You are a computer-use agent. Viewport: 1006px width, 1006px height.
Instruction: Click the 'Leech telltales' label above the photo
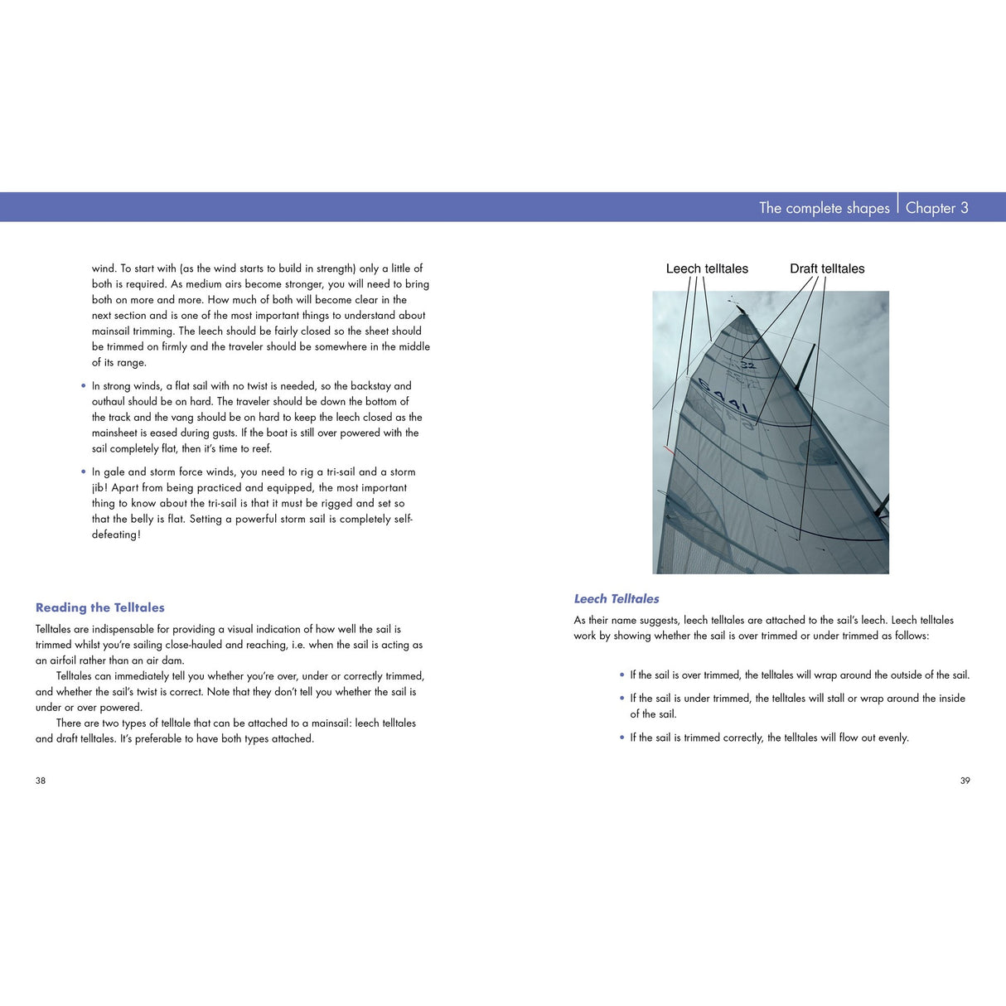(x=707, y=268)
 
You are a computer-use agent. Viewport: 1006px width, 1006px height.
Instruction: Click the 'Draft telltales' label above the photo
(x=826, y=268)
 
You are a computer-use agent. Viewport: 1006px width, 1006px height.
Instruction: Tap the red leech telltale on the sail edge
(x=668, y=450)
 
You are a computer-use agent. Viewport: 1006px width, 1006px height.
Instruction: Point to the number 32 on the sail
(x=747, y=365)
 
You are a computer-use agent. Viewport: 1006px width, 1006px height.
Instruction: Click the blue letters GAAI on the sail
(x=723, y=397)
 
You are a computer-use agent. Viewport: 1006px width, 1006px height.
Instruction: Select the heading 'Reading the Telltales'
(x=99, y=607)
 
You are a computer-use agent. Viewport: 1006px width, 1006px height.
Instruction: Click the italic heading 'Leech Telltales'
(x=617, y=598)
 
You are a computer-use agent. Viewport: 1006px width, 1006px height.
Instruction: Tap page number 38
(x=41, y=781)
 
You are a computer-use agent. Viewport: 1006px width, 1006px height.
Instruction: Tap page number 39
(x=965, y=781)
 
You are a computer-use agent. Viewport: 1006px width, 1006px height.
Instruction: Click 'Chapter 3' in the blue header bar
(x=936, y=208)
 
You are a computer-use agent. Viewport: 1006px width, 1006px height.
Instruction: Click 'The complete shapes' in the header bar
(x=824, y=208)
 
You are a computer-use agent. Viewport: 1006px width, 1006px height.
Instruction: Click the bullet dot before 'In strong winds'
(x=84, y=386)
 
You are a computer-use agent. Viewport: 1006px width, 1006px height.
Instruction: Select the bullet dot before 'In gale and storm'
(x=84, y=472)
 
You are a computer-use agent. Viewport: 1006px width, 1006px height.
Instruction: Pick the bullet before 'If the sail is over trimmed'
(x=622, y=675)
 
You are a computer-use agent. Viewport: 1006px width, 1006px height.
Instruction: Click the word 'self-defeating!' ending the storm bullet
(x=116, y=534)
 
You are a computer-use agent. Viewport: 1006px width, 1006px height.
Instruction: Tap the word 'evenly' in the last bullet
(x=892, y=738)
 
